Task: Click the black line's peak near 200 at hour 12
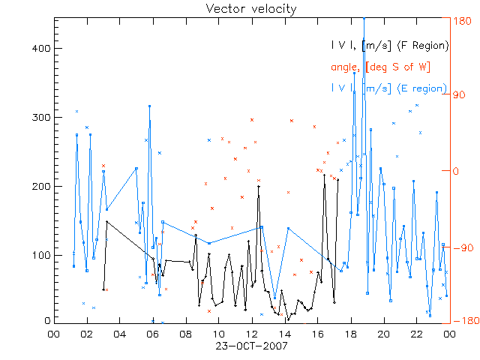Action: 259,187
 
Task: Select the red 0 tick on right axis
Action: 458,171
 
